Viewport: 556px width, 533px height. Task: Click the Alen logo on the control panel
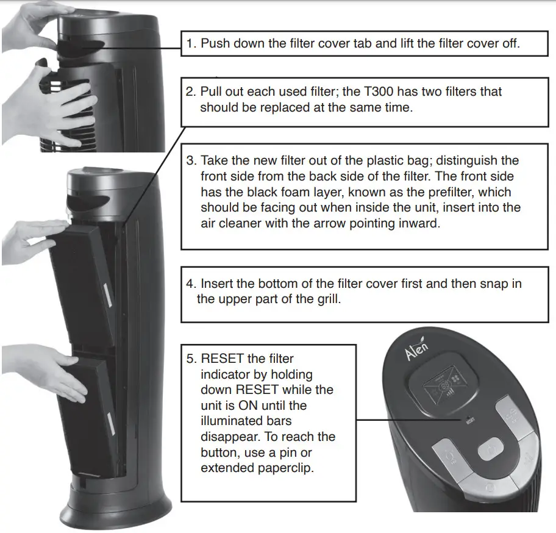pos(418,352)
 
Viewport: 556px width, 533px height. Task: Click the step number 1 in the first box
pos(191,43)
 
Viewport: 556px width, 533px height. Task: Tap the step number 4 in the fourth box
pos(191,284)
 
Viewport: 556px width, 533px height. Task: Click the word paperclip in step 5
pos(281,468)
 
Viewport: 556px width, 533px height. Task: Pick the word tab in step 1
pos(363,43)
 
